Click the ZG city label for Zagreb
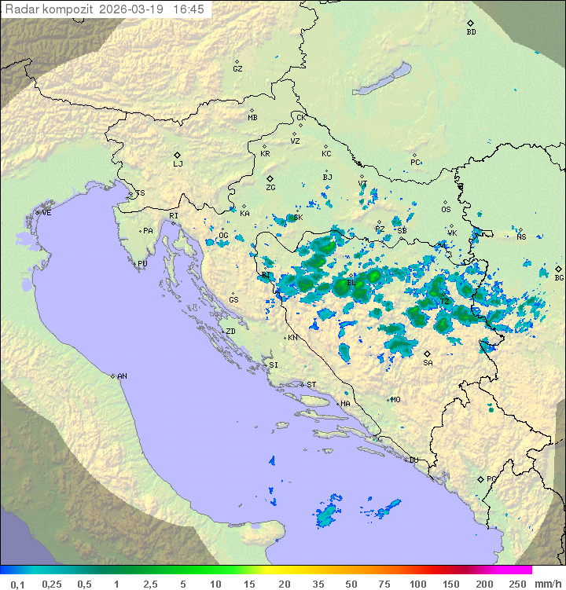[270, 188]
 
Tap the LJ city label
[178, 164]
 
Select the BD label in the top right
[471, 32]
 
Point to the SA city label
[428, 363]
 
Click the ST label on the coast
[311, 385]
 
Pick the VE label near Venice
[46, 213]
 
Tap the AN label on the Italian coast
[122, 376]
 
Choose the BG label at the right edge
[559, 277]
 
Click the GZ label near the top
[237, 69]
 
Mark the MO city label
[395, 400]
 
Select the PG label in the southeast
[491, 479]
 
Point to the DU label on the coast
[413, 460]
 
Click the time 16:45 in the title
[188, 9]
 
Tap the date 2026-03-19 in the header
[131, 9]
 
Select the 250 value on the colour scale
[516, 584]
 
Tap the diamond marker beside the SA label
[428, 354]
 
